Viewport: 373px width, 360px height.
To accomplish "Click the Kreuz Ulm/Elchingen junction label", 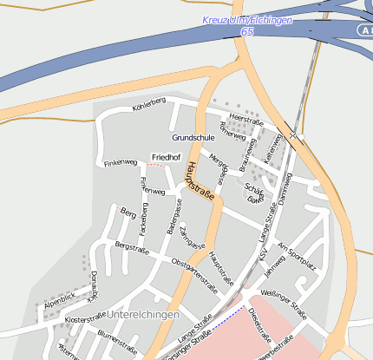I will [x=247, y=20].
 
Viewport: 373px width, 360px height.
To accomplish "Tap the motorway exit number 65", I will [x=247, y=31].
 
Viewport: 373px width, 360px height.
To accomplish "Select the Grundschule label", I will [x=193, y=138].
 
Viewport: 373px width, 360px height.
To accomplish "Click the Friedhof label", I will [x=166, y=157].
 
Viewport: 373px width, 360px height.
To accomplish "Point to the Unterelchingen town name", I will [x=144, y=313].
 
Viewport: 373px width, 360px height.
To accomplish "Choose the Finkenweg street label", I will [x=121, y=162].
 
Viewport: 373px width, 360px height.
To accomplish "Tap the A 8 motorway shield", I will [x=366, y=29].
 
